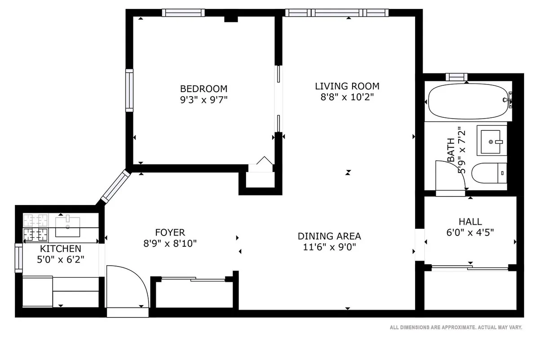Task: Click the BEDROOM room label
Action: pyautogui.click(x=203, y=89)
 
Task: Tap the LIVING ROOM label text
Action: pyautogui.click(x=347, y=86)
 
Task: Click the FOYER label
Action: pyautogui.click(x=170, y=232)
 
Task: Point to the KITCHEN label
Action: pyautogui.click(x=61, y=249)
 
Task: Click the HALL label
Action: pyautogui.click(x=470, y=222)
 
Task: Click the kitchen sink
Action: pyautogui.click(x=68, y=226)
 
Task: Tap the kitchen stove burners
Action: pyautogui.click(x=36, y=227)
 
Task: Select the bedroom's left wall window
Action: pyautogui.click(x=129, y=90)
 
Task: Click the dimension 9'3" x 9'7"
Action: pyautogui.click(x=203, y=100)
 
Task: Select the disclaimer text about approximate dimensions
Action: pyautogui.click(x=455, y=328)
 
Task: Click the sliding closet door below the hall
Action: pyautogui.click(x=470, y=268)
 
